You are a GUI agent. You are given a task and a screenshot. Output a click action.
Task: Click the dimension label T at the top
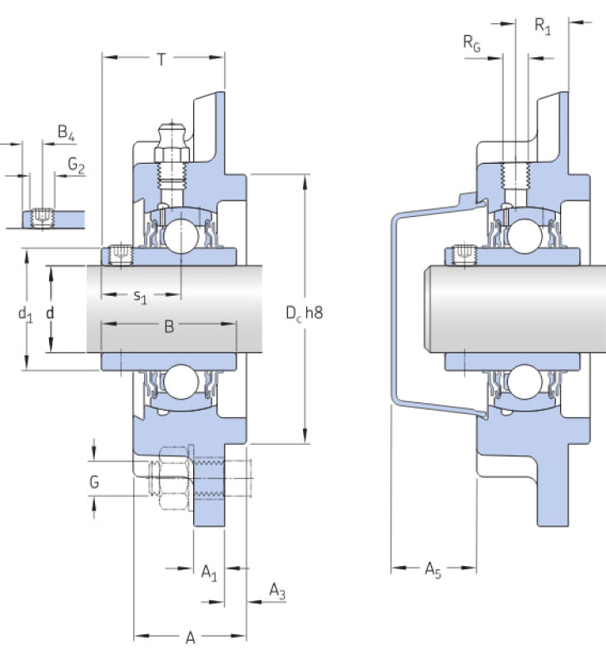tap(161, 59)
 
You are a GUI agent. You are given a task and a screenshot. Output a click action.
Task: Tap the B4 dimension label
tap(67, 132)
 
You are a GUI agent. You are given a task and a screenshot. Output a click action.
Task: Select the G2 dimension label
tap(77, 165)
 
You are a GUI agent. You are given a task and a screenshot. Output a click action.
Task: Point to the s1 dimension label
tap(140, 296)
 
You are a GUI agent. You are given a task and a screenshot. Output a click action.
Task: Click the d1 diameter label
tap(26, 314)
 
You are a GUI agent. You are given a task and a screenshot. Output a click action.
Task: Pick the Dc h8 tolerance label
tap(304, 313)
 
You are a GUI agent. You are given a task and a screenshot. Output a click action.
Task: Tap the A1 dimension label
tap(209, 572)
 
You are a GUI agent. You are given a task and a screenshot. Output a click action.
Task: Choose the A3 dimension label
tap(277, 591)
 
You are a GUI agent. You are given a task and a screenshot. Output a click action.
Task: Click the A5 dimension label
tap(433, 569)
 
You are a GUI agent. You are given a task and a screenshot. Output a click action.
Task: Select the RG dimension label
tap(472, 43)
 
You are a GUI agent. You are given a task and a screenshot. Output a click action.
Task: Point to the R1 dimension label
tap(543, 27)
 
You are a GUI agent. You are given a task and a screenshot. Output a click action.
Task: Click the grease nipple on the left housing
tap(172, 143)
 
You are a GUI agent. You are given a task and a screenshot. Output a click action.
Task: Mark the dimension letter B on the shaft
tap(169, 327)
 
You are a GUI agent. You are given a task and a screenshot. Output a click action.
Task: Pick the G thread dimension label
tap(94, 482)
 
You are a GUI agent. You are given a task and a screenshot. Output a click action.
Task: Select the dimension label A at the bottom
tap(191, 638)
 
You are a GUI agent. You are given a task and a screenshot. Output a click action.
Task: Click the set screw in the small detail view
tap(42, 219)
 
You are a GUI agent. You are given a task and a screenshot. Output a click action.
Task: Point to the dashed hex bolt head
tap(173, 478)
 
